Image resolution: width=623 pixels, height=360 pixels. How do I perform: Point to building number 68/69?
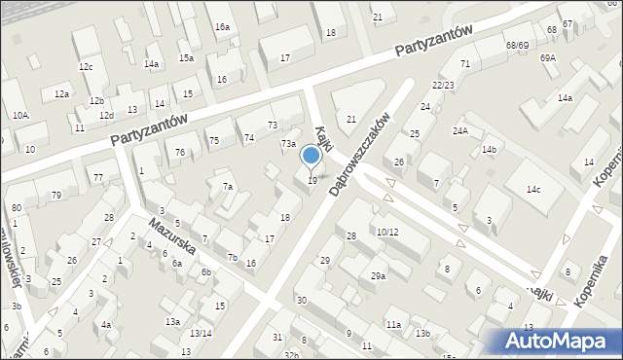point(517,46)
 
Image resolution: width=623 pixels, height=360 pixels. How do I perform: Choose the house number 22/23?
point(444,86)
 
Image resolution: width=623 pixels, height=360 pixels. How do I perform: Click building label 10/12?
point(387,232)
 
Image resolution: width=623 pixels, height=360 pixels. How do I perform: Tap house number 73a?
point(288,144)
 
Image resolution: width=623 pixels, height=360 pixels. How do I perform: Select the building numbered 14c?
point(532,190)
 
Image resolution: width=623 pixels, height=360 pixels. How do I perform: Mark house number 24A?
point(459,131)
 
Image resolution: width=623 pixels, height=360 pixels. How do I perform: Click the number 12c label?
point(86,66)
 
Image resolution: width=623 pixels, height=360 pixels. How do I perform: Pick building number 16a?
point(222,27)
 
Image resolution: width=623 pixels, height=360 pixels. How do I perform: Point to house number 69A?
point(548,58)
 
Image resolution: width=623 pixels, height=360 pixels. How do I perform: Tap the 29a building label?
point(378,276)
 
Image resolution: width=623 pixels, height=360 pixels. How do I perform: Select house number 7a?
point(228,187)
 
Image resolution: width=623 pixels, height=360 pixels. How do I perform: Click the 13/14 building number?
point(201,334)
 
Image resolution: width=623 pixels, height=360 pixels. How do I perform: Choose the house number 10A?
point(20,116)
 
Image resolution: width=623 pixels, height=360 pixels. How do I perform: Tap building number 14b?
point(489,150)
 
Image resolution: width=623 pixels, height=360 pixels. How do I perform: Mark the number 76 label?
point(179,153)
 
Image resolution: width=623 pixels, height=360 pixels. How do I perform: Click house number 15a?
point(185,58)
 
